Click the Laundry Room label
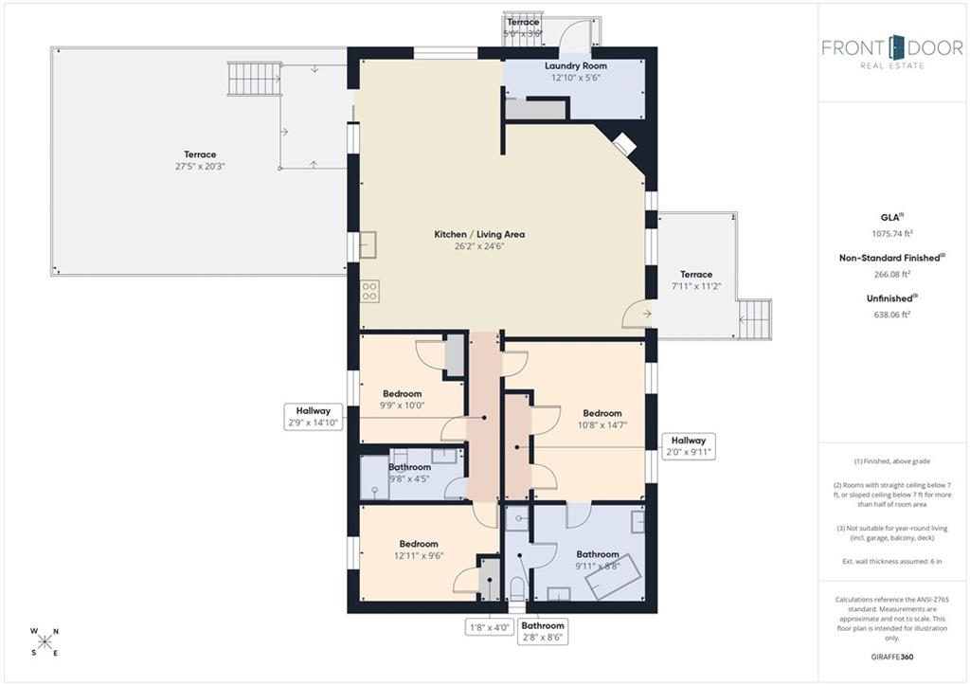[575, 65]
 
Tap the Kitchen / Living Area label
[479, 235]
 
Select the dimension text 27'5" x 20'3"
[200, 167]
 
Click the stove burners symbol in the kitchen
[370, 291]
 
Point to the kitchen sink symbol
[368, 244]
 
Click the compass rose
[45, 641]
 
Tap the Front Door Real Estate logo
[892, 52]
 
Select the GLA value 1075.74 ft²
[892, 233]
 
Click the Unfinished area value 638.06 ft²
[892, 315]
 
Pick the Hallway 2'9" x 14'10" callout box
[313, 417]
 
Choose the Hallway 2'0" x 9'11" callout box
[689, 446]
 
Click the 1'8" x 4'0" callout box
[490, 627]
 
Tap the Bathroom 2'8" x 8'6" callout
[543, 631]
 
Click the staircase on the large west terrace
[254, 79]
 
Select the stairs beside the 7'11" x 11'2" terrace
[755, 319]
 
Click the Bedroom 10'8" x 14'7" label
[602, 419]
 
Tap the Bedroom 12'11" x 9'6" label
[419, 550]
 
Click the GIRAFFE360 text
[892, 657]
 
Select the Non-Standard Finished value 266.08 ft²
[892, 274]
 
